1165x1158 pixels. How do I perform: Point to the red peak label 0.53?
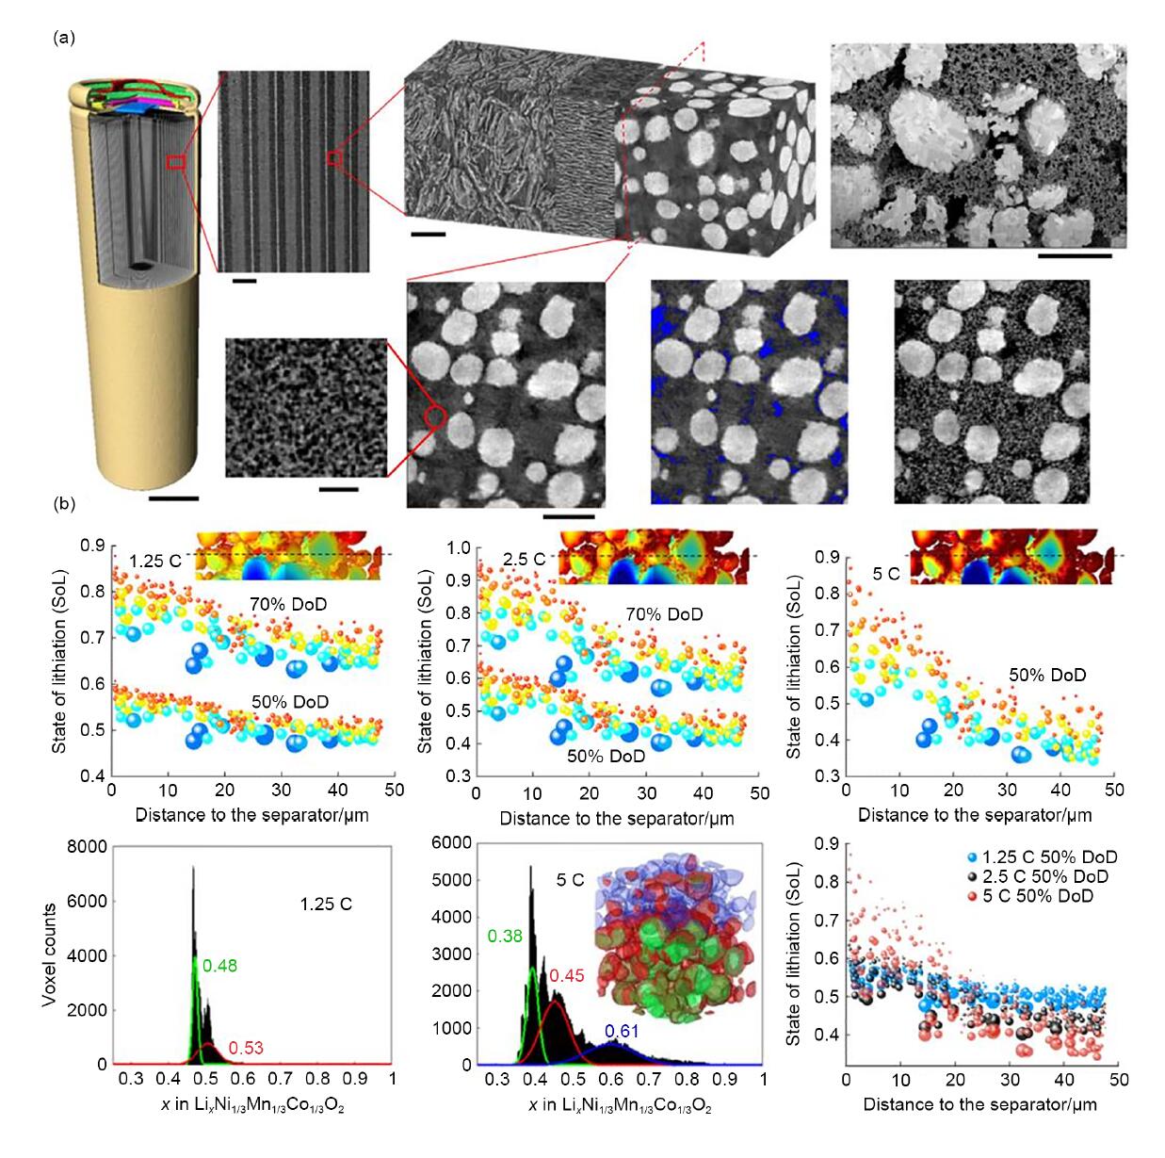click(246, 1048)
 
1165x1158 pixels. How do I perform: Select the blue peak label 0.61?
click(622, 1031)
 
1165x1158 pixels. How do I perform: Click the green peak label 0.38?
click(505, 937)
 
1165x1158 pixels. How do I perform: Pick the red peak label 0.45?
click(567, 976)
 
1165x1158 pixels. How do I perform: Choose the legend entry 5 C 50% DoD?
click(1028, 895)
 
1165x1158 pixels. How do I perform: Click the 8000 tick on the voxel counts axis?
click(87, 847)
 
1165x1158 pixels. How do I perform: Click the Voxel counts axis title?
click(49, 954)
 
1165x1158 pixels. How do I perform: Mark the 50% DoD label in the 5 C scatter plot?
click(1047, 675)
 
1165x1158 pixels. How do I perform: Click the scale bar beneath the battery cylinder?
click(173, 497)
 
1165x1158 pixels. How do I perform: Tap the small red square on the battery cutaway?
click(174, 162)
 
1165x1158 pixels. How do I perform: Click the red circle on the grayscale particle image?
click(434, 415)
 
